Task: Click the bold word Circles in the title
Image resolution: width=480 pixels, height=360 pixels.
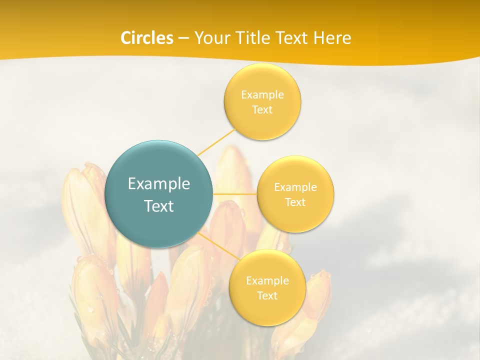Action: (x=147, y=38)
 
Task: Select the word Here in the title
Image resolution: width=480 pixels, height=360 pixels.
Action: (x=333, y=38)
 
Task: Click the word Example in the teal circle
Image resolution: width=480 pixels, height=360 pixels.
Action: (x=159, y=184)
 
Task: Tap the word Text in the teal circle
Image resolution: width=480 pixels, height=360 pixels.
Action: (x=159, y=206)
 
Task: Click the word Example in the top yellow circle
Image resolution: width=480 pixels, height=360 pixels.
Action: (x=262, y=94)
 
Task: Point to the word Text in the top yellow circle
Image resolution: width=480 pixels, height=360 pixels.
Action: (x=262, y=109)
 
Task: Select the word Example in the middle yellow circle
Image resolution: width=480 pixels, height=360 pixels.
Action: (x=295, y=187)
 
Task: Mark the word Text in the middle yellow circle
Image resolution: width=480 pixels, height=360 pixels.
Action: (x=295, y=202)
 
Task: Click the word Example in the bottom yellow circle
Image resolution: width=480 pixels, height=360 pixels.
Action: (x=267, y=280)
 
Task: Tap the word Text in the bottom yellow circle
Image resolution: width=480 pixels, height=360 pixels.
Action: (x=267, y=295)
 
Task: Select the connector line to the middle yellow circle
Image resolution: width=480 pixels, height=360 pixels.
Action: (x=235, y=193)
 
